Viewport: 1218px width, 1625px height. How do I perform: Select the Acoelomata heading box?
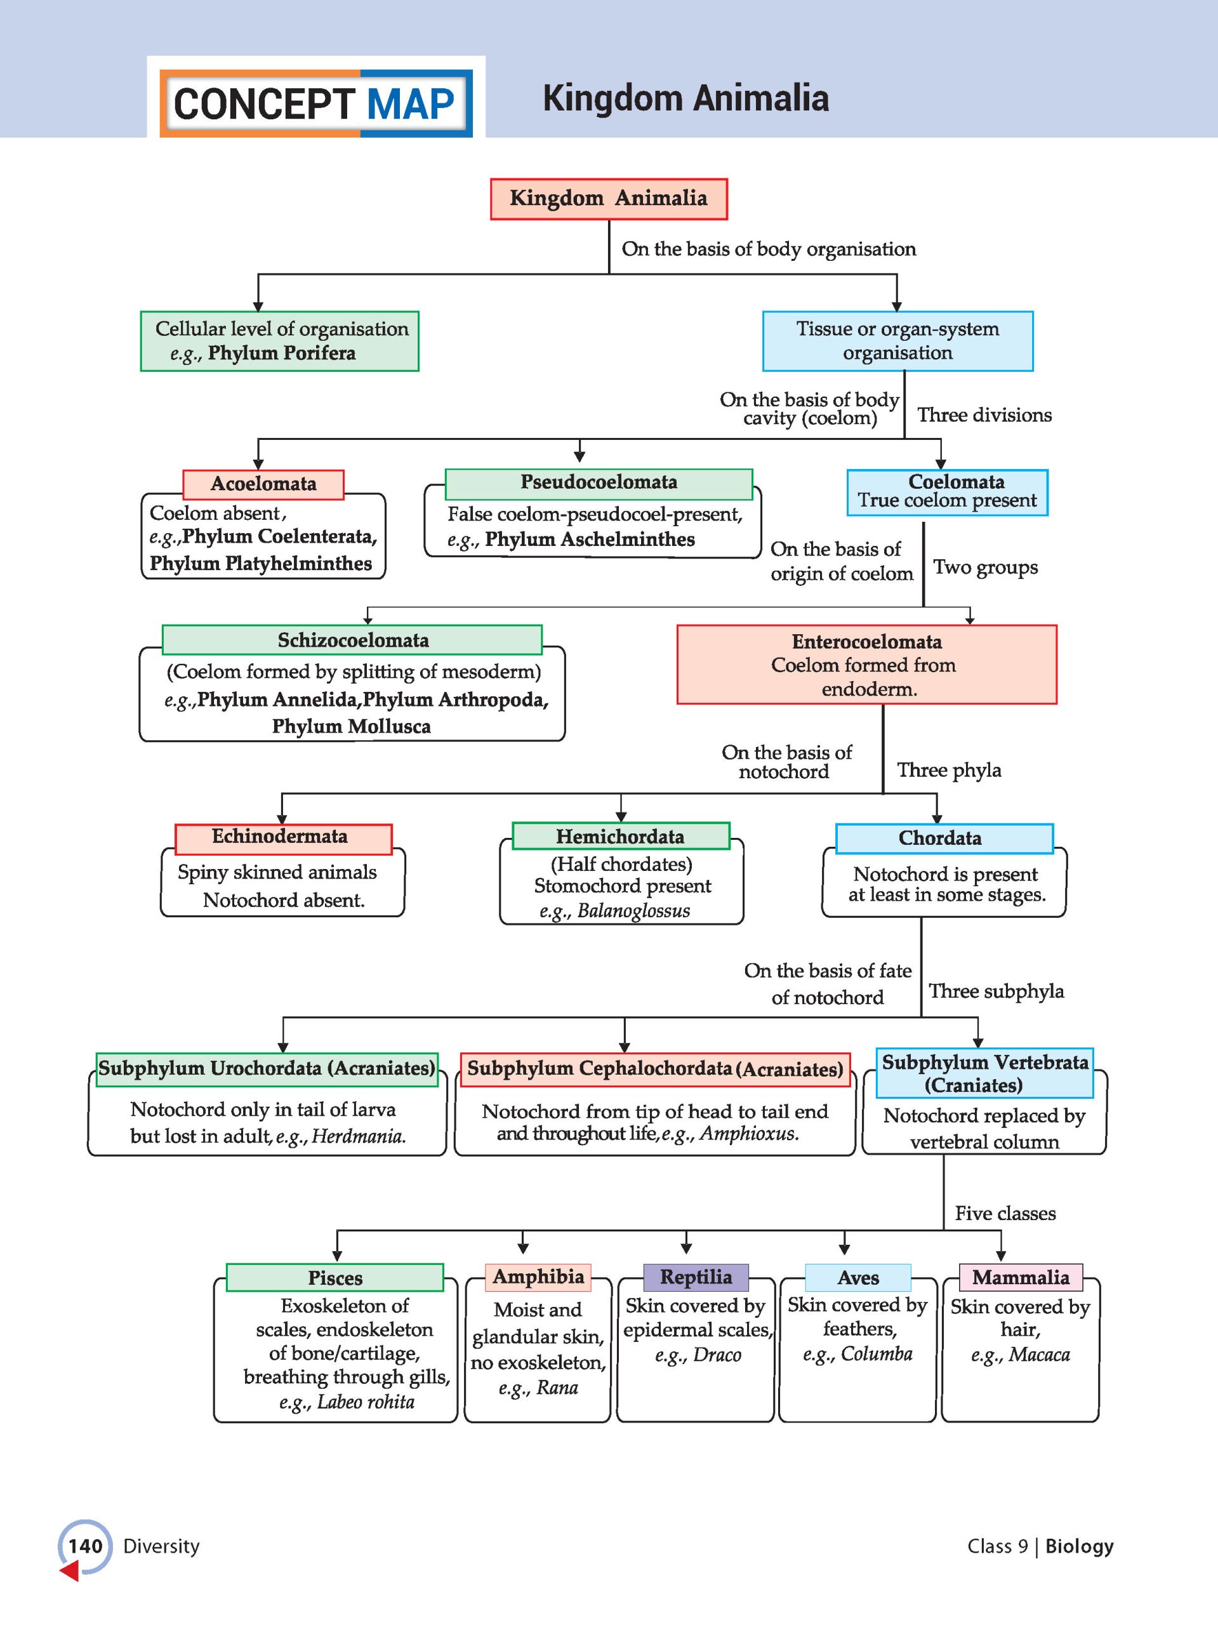[263, 484]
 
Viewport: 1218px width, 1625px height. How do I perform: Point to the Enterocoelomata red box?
[867, 665]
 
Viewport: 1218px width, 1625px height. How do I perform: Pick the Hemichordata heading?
[621, 837]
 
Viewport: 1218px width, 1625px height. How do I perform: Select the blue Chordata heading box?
[944, 839]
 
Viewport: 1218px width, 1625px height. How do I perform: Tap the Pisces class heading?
[335, 1278]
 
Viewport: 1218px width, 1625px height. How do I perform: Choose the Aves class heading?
[858, 1278]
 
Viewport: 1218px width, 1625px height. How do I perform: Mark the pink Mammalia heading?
[1021, 1278]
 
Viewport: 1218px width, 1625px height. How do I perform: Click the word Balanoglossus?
[634, 911]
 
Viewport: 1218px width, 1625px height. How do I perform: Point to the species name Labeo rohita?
[366, 1402]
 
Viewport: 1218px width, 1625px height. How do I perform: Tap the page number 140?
[85, 1546]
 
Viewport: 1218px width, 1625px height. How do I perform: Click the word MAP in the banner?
[411, 104]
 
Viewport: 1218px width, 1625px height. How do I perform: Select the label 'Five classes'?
[1005, 1214]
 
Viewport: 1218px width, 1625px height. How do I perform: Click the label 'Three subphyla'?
[996, 992]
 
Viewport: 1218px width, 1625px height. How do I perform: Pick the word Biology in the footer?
[1079, 1546]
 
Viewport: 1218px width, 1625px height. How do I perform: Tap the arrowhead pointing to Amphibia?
[522, 1248]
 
